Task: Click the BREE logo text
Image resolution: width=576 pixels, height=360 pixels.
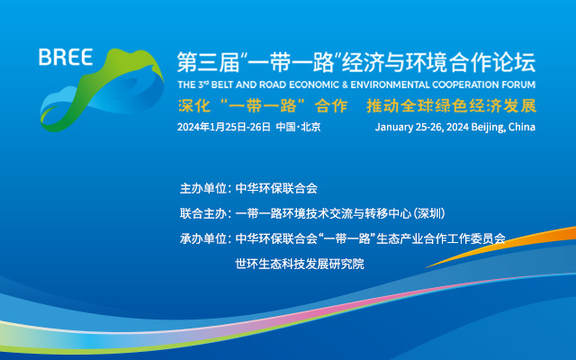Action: (x=66, y=58)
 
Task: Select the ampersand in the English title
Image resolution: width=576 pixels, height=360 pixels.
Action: (x=344, y=85)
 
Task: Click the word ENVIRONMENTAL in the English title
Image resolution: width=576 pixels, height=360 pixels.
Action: (x=390, y=85)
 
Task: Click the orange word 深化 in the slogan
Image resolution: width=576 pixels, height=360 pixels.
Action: (x=194, y=106)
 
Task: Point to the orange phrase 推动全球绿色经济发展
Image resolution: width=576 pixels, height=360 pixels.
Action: (x=452, y=106)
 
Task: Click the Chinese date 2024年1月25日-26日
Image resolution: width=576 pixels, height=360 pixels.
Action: (x=224, y=127)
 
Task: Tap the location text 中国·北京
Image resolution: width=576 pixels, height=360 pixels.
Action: (x=298, y=127)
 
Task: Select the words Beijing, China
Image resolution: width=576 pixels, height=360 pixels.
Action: (x=503, y=127)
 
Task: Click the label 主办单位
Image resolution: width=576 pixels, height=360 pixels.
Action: (x=203, y=188)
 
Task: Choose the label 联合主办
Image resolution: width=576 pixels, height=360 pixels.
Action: (x=203, y=213)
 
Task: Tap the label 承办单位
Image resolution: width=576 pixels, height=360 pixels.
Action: (x=203, y=238)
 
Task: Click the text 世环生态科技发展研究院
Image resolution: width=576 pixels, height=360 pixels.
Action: (x=300, y=264)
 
